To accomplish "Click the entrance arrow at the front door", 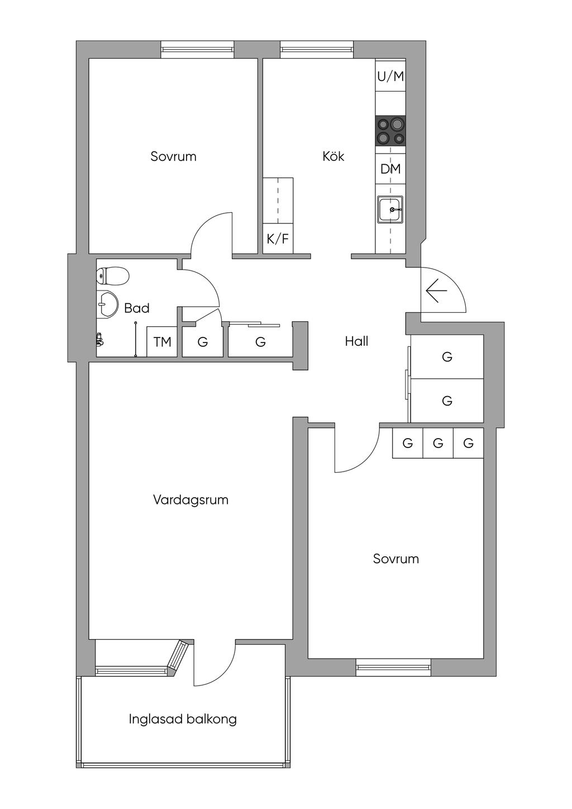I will tap(436, 291).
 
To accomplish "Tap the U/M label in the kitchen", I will tap(390, 77).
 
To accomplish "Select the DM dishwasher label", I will tap(390, 169).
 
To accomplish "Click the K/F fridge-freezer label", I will tap(278, 240).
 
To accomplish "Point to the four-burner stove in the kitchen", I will tap(390, 131).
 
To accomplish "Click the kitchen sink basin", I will tap(390, 210).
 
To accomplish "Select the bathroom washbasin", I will tap(107, 304).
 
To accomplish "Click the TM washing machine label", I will tap(162, 342).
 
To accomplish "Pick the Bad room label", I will tap(137, 308).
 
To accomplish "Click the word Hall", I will tap(356, 341).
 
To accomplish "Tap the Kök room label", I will tap(333, 156).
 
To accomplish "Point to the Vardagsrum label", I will tap(190, 500).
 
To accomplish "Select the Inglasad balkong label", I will tap(183, 719).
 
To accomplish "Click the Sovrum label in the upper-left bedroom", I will tap(173, 156).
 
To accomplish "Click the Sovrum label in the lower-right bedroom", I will tap(396, 559).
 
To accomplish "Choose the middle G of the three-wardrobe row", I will tap(438, 444).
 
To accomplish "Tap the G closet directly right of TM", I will tap(203, 342).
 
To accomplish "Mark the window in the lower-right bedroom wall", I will tap(394, 666).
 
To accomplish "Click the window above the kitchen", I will tap(317, 49).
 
